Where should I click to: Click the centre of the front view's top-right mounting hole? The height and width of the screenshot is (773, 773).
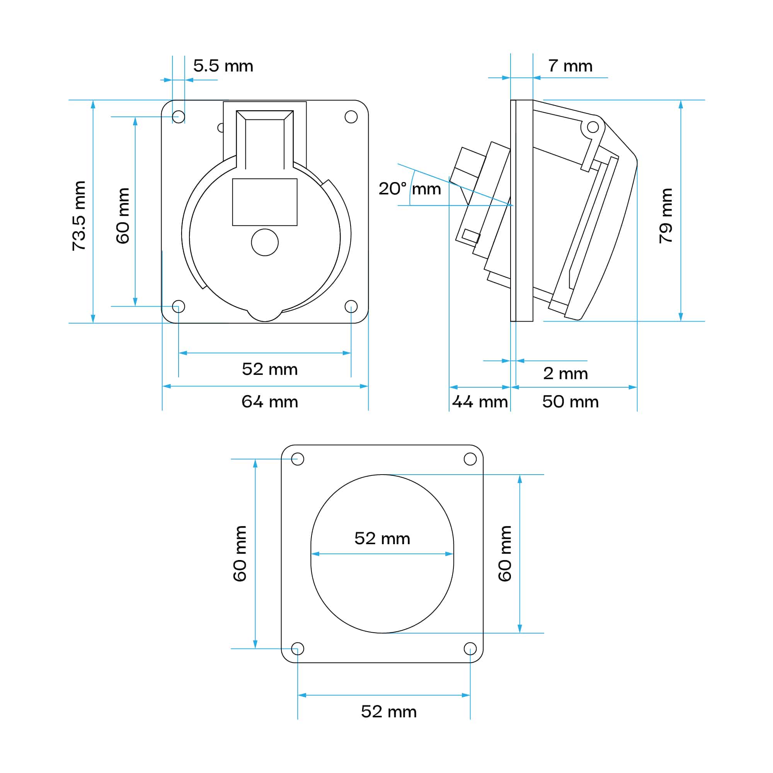[351, 117]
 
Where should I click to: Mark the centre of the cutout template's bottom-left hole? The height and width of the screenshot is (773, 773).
[297, 649]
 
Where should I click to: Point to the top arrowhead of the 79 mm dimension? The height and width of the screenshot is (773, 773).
[681, 104]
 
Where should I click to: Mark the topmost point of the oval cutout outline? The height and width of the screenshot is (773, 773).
[382, 475]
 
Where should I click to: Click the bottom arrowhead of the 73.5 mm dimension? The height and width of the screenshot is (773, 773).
[93, 319]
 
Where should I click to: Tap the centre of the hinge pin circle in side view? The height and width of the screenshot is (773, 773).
[593, 127]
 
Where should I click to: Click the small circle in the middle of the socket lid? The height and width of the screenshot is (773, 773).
[265, 242]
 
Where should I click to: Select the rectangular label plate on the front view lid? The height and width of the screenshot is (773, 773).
[265, 202]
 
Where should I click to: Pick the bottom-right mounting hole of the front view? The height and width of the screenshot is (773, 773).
[351, 306]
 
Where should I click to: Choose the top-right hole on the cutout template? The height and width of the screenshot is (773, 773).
[470, 459]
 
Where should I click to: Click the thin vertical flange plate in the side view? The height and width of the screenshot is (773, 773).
[522, 211]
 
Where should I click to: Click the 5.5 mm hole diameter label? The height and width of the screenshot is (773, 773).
[223, 66]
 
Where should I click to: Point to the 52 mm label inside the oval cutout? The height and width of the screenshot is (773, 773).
[382, 538]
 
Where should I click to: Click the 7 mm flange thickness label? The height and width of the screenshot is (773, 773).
[570, 66]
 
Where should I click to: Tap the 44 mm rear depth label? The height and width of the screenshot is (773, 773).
[480, 402]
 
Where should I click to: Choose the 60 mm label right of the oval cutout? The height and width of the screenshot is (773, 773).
[504, 553]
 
